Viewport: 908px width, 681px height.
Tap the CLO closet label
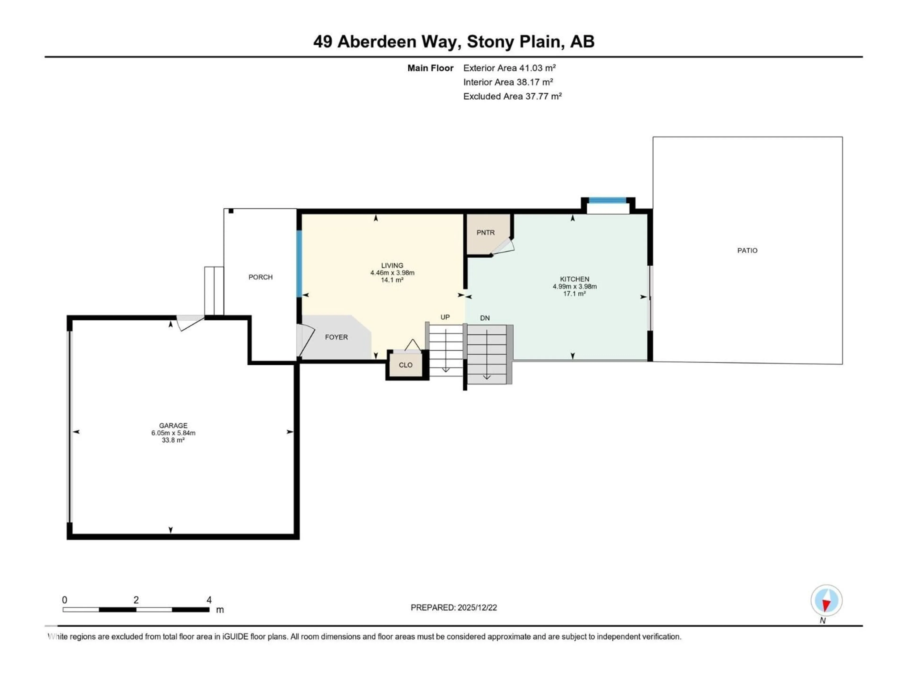click(406, 365)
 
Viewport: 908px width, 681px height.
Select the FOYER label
click(336, 337)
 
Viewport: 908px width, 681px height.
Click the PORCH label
click(260, 277)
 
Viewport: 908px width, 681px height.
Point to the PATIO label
click(747, 250)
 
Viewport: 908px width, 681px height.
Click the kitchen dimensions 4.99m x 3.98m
click(574, 287)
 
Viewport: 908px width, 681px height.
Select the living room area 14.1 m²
click(392, 280)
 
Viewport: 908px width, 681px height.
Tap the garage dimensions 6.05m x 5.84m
click(173, 433)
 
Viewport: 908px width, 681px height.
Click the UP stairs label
click(445, 317)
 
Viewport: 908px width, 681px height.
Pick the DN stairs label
click(485, 318)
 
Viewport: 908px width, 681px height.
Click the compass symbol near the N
click(826, 601)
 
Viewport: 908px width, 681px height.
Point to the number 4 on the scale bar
click(209, 600)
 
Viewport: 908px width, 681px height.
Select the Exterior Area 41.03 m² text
click(509, 68)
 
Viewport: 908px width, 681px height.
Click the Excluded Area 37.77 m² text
click(512, 96)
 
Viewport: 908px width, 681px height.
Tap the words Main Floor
click(430, 68)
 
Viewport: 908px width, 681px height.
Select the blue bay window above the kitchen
click(607, 201)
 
